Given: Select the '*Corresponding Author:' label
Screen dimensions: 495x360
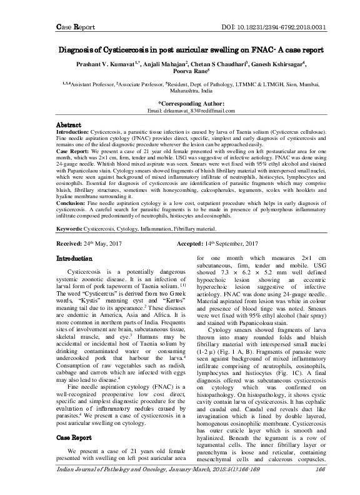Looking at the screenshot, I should point(181,102).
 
